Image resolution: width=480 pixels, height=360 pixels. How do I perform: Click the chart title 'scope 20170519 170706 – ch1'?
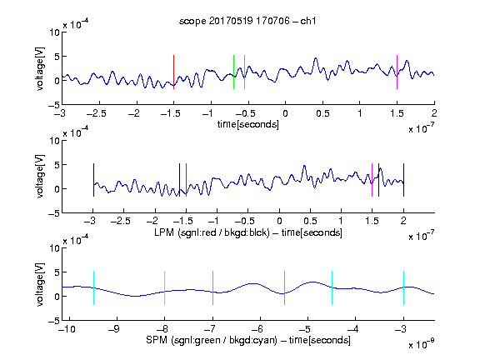pos(247,21)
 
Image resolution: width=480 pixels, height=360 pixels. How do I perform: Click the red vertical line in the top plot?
pos(173,72)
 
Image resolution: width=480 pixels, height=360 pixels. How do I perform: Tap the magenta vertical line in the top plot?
pos(397,72)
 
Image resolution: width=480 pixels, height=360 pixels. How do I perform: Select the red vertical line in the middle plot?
pos(186,180)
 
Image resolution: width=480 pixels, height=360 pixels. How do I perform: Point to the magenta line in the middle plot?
pos(372,180)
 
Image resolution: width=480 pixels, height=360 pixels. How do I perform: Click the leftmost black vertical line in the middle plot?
pos(93,180)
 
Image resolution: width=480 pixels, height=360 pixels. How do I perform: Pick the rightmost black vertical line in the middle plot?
pos(403,180)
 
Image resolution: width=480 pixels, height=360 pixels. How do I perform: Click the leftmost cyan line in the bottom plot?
pos(93,287)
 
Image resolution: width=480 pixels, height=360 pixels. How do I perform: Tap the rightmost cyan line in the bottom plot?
pos(403,287)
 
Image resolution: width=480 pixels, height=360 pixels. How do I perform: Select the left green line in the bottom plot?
pos(212,287)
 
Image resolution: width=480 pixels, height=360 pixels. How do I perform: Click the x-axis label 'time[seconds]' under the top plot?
pos(248,125)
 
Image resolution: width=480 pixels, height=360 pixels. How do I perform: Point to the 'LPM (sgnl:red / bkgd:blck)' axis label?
pos(212,232)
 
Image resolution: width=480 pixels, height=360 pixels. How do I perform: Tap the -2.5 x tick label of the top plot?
pos(96,114)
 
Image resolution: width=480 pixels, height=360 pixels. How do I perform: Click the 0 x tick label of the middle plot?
pos(279,221)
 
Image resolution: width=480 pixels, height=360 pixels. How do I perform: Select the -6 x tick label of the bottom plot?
pos(257,329)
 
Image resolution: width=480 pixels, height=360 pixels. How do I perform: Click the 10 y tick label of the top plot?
pos(55,32)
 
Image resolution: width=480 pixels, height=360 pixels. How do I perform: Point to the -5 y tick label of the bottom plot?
pos(54,321)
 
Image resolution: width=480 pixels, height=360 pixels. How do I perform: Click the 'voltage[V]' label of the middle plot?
pos(40,177)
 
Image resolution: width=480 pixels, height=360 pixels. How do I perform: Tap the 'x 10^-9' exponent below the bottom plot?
pos(422,344)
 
